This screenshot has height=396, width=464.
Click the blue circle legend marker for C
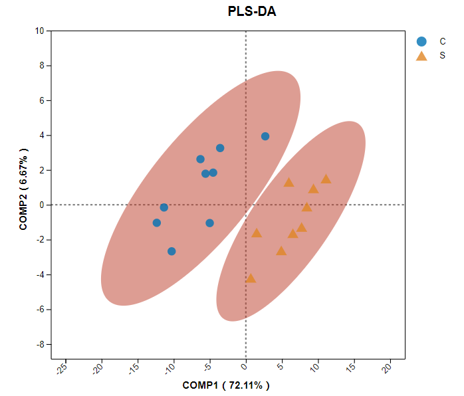click(x=421, y=41)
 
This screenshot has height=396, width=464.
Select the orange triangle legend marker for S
click(x=421, y=56)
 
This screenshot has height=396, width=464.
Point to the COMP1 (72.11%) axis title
click(x=226, y=385)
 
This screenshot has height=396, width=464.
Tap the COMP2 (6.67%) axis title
click(x=24, y=189)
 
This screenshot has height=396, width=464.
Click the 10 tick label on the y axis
click(x=40, y=31)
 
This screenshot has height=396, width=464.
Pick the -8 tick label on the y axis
click(x=40, y=344)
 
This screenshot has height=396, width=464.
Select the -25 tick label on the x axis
click(x=61, y=367)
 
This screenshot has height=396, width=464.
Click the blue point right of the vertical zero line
click(x=265, y=136)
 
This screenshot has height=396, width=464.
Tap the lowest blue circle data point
click(x=172, y=251)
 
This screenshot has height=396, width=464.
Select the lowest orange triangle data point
click(x=251, y=278)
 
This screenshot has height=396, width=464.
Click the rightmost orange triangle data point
click(x=326, y=179)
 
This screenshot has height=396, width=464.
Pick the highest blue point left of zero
click(x=220, y=148)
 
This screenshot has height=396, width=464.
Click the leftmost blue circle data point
click(x=157, y=223)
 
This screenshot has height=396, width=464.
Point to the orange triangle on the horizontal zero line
click(x=306, y=207)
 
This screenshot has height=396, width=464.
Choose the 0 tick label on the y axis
click(x=41, y=205)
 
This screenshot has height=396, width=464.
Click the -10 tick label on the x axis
click(x=170, y=367)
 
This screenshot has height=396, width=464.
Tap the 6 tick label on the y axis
click(x=41, y=100)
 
